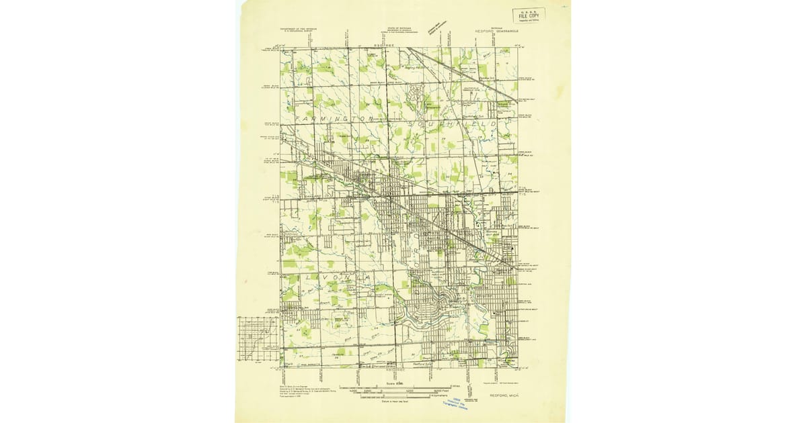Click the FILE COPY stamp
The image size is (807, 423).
click(x=529, y=15)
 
